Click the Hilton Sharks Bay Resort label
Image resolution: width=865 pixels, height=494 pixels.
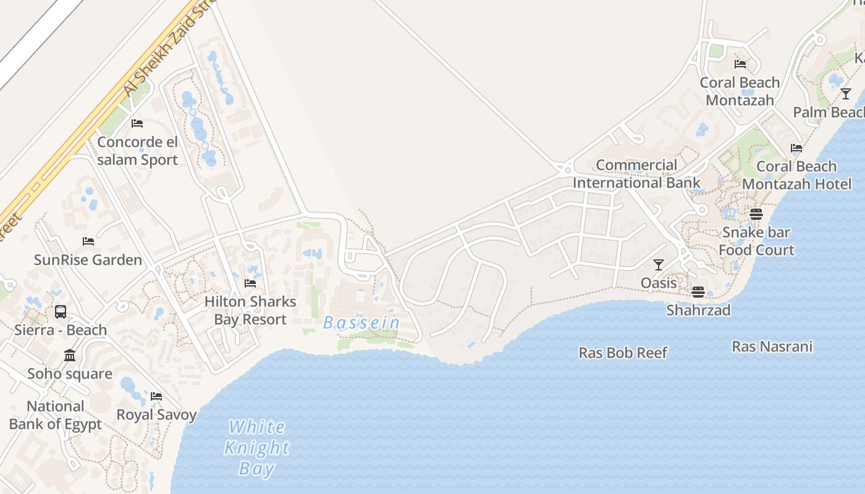[250, 311]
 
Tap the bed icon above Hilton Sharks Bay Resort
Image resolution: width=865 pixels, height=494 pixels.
[250, 283]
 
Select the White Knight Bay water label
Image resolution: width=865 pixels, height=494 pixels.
[256, 448]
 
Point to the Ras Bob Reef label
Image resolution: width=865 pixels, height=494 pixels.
[623, 353]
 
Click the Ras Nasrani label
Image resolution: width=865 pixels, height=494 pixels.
[772, 346]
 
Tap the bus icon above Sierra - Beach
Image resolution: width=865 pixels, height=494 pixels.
[61, 312]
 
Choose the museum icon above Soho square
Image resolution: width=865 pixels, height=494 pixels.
[70, 356]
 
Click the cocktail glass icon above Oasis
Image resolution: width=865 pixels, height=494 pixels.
[659, 265]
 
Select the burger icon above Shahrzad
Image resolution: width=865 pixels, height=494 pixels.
[698, 292]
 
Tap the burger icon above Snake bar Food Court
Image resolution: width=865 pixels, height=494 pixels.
[756, 214]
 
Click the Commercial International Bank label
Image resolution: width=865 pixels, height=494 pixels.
[636, 174]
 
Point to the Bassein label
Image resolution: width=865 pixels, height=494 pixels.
[362, 323]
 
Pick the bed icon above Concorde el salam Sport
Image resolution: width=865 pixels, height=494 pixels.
[137, 124]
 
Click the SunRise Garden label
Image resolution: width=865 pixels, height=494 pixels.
[88, 260]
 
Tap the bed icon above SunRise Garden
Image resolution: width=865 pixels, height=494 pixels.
[88, 241]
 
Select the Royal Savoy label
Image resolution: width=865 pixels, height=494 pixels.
[156, 415]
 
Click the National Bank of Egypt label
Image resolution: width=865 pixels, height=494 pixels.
[56, 416]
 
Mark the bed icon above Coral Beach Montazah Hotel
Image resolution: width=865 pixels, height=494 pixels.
[796, 148]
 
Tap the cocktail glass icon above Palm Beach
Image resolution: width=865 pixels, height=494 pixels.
[846, 94]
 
